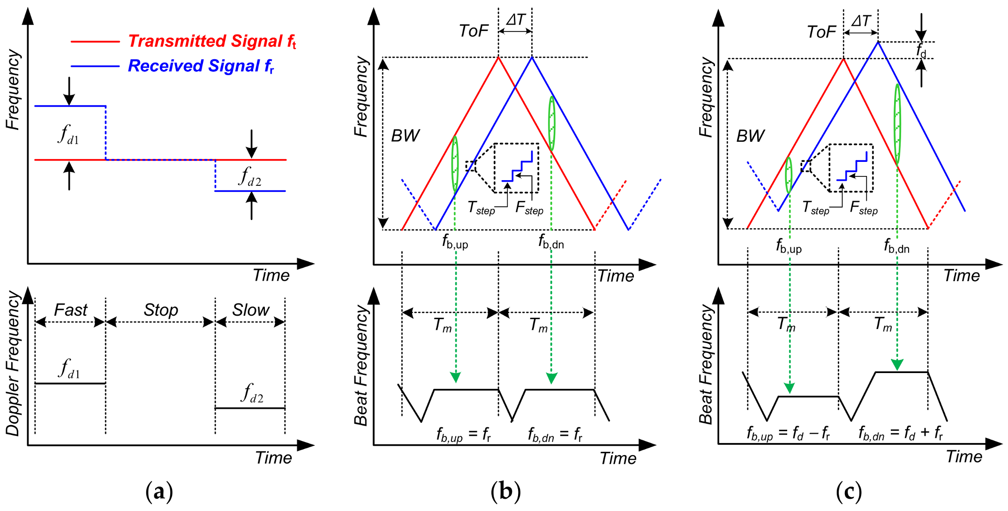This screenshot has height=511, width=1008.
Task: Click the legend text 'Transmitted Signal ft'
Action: point(212,41)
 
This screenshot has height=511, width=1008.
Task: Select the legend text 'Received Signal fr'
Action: point(201,66)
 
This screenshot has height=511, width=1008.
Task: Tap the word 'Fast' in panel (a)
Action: point(70,310)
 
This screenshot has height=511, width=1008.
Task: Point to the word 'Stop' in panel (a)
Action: point(161,310)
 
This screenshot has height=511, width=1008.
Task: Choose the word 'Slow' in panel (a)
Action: point(250,310)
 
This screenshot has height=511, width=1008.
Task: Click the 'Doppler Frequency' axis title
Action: point(13,364)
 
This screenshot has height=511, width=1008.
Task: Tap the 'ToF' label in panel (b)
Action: point(474,31)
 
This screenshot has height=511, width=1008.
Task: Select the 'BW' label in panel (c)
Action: point(750,136)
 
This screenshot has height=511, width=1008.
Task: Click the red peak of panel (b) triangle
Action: point(498,57)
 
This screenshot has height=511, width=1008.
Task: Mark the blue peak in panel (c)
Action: point(878,42)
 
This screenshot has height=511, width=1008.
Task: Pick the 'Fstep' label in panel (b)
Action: point(529,208)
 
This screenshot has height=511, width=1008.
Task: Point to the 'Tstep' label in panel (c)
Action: point(815,208)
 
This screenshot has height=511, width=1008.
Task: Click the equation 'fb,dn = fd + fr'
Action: point(900,433)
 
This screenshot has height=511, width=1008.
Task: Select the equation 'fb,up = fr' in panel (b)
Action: point(463,435)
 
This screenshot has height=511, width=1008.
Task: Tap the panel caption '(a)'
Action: point(159,492)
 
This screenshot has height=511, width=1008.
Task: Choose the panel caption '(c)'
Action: point(849,492)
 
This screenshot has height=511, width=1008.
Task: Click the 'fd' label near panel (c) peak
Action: point(921,50)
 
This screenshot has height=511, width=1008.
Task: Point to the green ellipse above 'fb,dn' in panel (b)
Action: point(552,123)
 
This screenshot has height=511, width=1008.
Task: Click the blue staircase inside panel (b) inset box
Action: point(518,167)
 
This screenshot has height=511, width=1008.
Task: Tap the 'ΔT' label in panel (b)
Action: point(516,20)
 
